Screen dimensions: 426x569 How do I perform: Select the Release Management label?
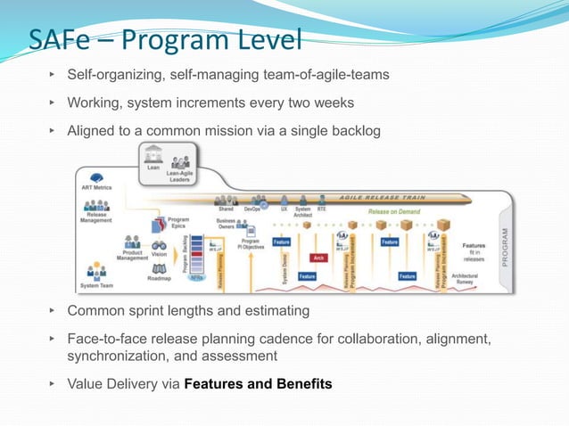97,218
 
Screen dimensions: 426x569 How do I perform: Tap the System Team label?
95,285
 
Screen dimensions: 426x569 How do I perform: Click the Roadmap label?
160,278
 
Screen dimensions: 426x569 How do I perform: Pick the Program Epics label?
178,223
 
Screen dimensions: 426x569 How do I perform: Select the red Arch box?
317,258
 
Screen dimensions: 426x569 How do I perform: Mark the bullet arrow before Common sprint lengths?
53,311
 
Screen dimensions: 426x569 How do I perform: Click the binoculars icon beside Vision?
160,243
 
